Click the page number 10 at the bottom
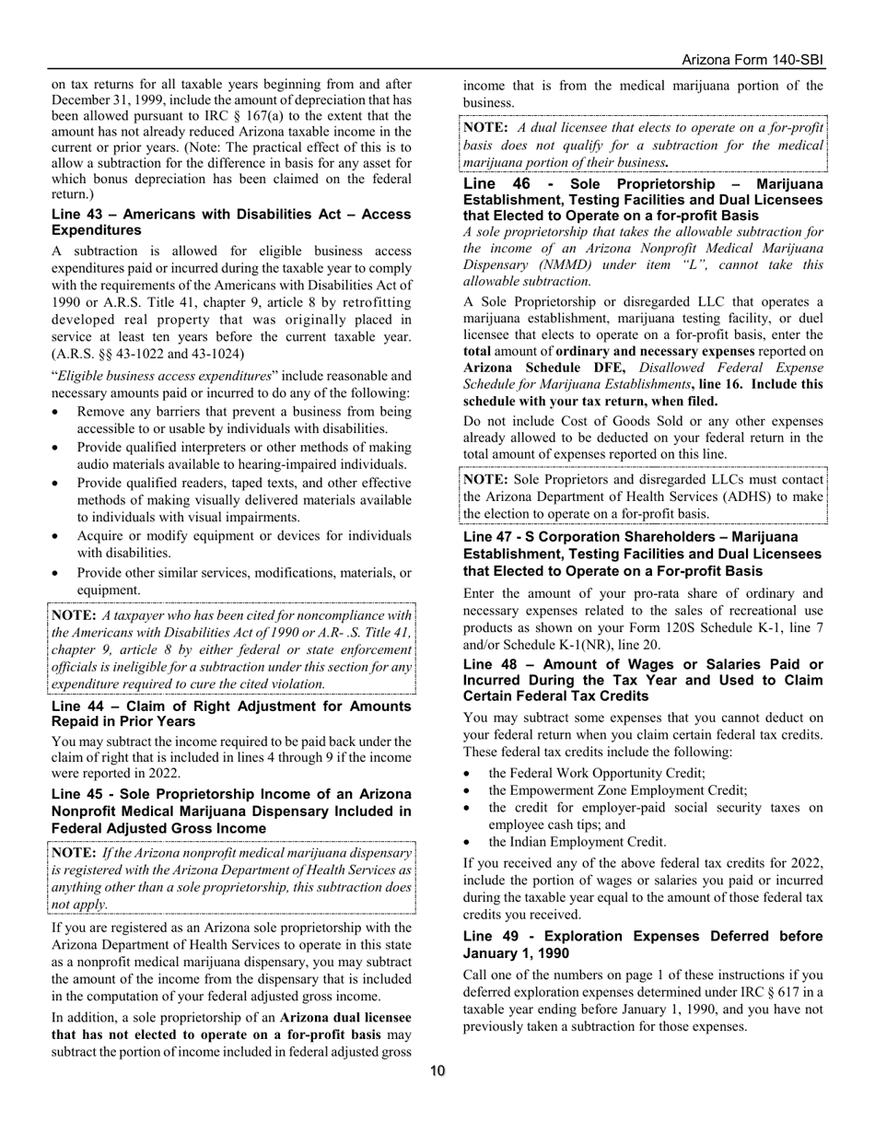click(x=437, y=1070)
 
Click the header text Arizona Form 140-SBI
click(x=752, y=60)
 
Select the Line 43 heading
click(x=231, y=222)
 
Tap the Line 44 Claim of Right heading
click(x=231, y=714)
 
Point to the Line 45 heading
click(x=231, y=811)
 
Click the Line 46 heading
click(x=643, y=199)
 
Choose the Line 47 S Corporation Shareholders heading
click(x=643, y=554)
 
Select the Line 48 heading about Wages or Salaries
click(x=643, y=680)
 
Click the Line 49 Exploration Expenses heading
click(x=643, y=944)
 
